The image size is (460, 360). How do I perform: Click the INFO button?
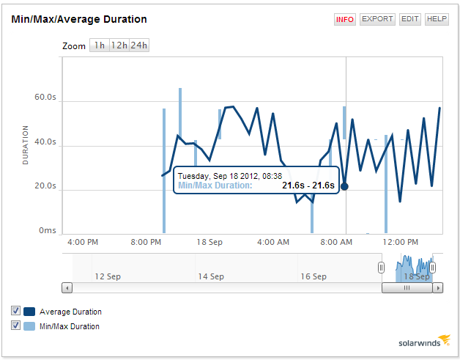[344, 20]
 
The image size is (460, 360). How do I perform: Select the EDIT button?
[410, 20]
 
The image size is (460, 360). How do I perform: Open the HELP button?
[437, 20]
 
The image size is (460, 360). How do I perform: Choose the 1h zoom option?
[99, 45]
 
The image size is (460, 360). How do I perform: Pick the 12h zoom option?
[119, 45]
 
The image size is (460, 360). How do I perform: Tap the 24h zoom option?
[139, 45]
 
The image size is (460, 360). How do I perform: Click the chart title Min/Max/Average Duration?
[79, 19]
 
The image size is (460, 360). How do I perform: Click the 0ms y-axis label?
[48, 231]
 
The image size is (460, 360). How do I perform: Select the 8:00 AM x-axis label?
[337, 242]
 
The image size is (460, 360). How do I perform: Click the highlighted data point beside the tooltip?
[344, 186]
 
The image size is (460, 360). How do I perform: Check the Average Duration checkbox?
[16, 311]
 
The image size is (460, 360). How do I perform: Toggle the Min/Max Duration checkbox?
[16, 326]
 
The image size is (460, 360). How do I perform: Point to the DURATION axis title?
[26, 144]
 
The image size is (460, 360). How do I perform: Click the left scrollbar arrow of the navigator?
[67, 288]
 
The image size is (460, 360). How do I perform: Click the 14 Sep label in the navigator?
[211, 276]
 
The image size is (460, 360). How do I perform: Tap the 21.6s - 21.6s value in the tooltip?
[308, 185]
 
